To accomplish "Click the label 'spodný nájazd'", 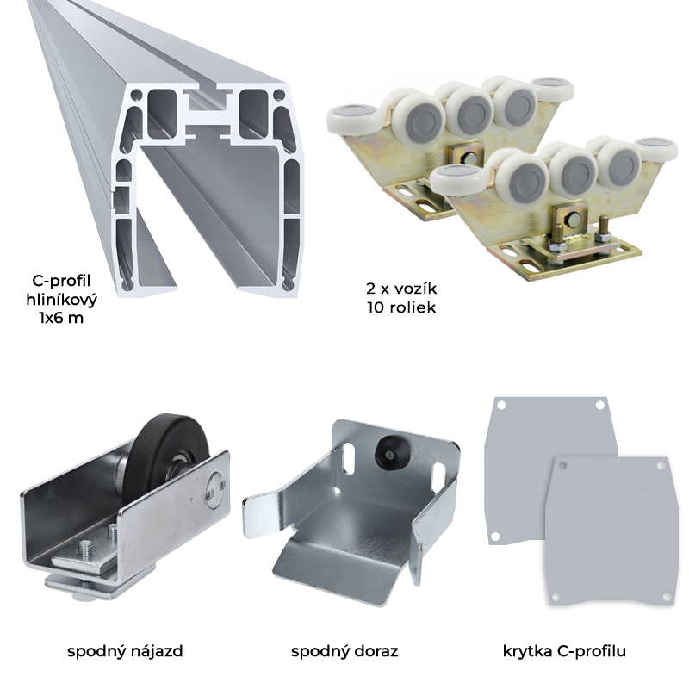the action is (125, 651).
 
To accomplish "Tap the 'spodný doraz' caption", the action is (344, 651).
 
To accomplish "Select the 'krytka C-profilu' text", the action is (564, 651).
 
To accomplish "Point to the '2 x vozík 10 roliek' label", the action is (401, 298).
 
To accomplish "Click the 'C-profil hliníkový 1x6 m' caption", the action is (61, 299).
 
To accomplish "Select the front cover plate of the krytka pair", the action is (610, 531).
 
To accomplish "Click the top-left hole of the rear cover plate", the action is (501, 406).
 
